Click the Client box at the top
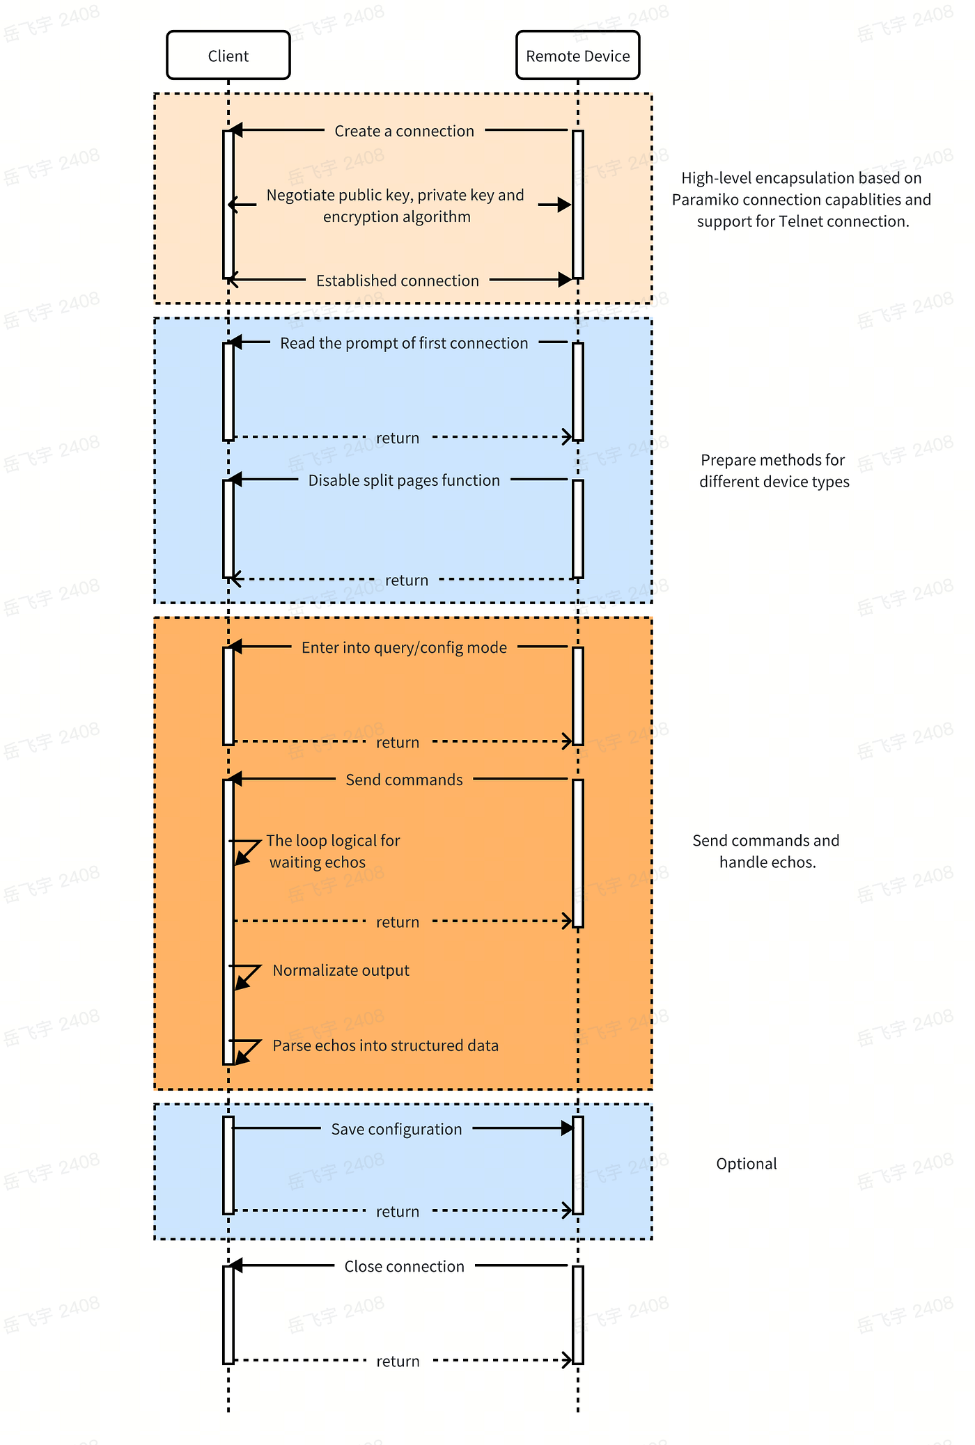[228, 56]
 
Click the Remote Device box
[577, 56]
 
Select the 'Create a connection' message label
[404, 131]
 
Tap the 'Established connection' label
[397, 281]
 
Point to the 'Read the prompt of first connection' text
[404, 343]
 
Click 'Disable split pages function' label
[404, 480]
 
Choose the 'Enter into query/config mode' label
[404, 647]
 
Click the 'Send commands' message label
[404, 780]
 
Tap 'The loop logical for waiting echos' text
[332, 851]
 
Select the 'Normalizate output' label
[341, 970]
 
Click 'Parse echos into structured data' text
[385, 1045]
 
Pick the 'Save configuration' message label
[396, 1129]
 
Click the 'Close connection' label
[404, 1266]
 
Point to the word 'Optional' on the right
[746, 1164]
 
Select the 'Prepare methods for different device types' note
[774, 471]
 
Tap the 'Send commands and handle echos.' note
[766, 851]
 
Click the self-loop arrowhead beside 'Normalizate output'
[241, 982]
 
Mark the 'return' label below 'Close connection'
[398, 1361]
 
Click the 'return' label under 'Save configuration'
[398, 1211]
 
